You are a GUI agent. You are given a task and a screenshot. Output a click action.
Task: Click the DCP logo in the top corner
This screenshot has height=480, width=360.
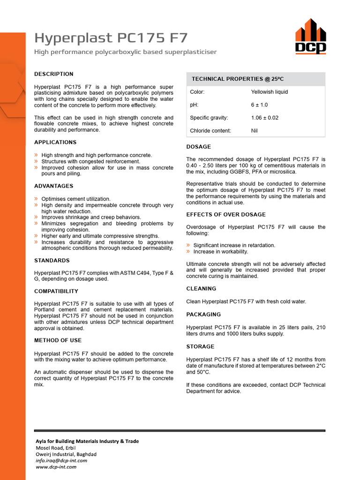[x=310, y=36]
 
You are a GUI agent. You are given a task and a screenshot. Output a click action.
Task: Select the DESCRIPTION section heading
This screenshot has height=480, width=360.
[x=54, y=74]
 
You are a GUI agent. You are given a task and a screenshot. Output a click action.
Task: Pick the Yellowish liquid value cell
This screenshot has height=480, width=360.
[x=270, y=92]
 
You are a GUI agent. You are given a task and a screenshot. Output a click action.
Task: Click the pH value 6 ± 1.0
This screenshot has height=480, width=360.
[x=259, y=105]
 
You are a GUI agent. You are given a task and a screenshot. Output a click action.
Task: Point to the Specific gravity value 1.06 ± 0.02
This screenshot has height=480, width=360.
[x=265, y=118]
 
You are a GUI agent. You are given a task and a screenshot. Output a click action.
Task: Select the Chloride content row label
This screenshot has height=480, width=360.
[x=210, y=131]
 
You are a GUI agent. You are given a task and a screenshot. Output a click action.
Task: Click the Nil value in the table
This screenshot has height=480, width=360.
[x=255, y=131]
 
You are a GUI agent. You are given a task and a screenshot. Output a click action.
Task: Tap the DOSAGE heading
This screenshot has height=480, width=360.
[x=199, y=147]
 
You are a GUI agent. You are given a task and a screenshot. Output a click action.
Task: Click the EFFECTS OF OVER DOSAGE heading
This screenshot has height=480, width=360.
[x=226, y=215]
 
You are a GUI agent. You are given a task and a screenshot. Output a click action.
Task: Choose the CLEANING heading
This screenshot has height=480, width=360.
[x=201, y=289]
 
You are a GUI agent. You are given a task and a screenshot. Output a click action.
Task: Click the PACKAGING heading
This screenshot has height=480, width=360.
[x=203, y=315]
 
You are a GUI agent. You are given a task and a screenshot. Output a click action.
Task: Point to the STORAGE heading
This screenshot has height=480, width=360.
[x=200, y=347]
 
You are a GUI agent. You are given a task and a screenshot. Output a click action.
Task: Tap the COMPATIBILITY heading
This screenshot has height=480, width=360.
[x=56, y=292]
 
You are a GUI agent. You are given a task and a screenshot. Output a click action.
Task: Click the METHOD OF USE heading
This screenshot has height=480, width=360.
[x=58, y=340]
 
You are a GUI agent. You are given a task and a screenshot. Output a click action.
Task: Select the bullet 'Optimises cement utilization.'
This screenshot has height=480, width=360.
[x=76, y=199]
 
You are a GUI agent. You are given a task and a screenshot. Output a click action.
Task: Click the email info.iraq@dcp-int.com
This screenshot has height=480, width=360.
[x=61, y=460]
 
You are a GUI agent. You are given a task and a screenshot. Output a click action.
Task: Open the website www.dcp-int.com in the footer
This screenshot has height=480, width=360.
[x=56, y=467]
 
